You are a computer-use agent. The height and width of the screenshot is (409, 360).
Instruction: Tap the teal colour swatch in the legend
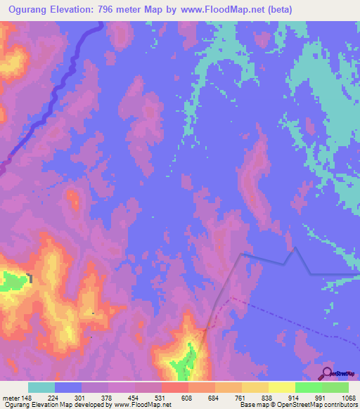(41, 387)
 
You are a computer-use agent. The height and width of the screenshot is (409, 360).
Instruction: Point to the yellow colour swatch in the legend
(282, 387)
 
